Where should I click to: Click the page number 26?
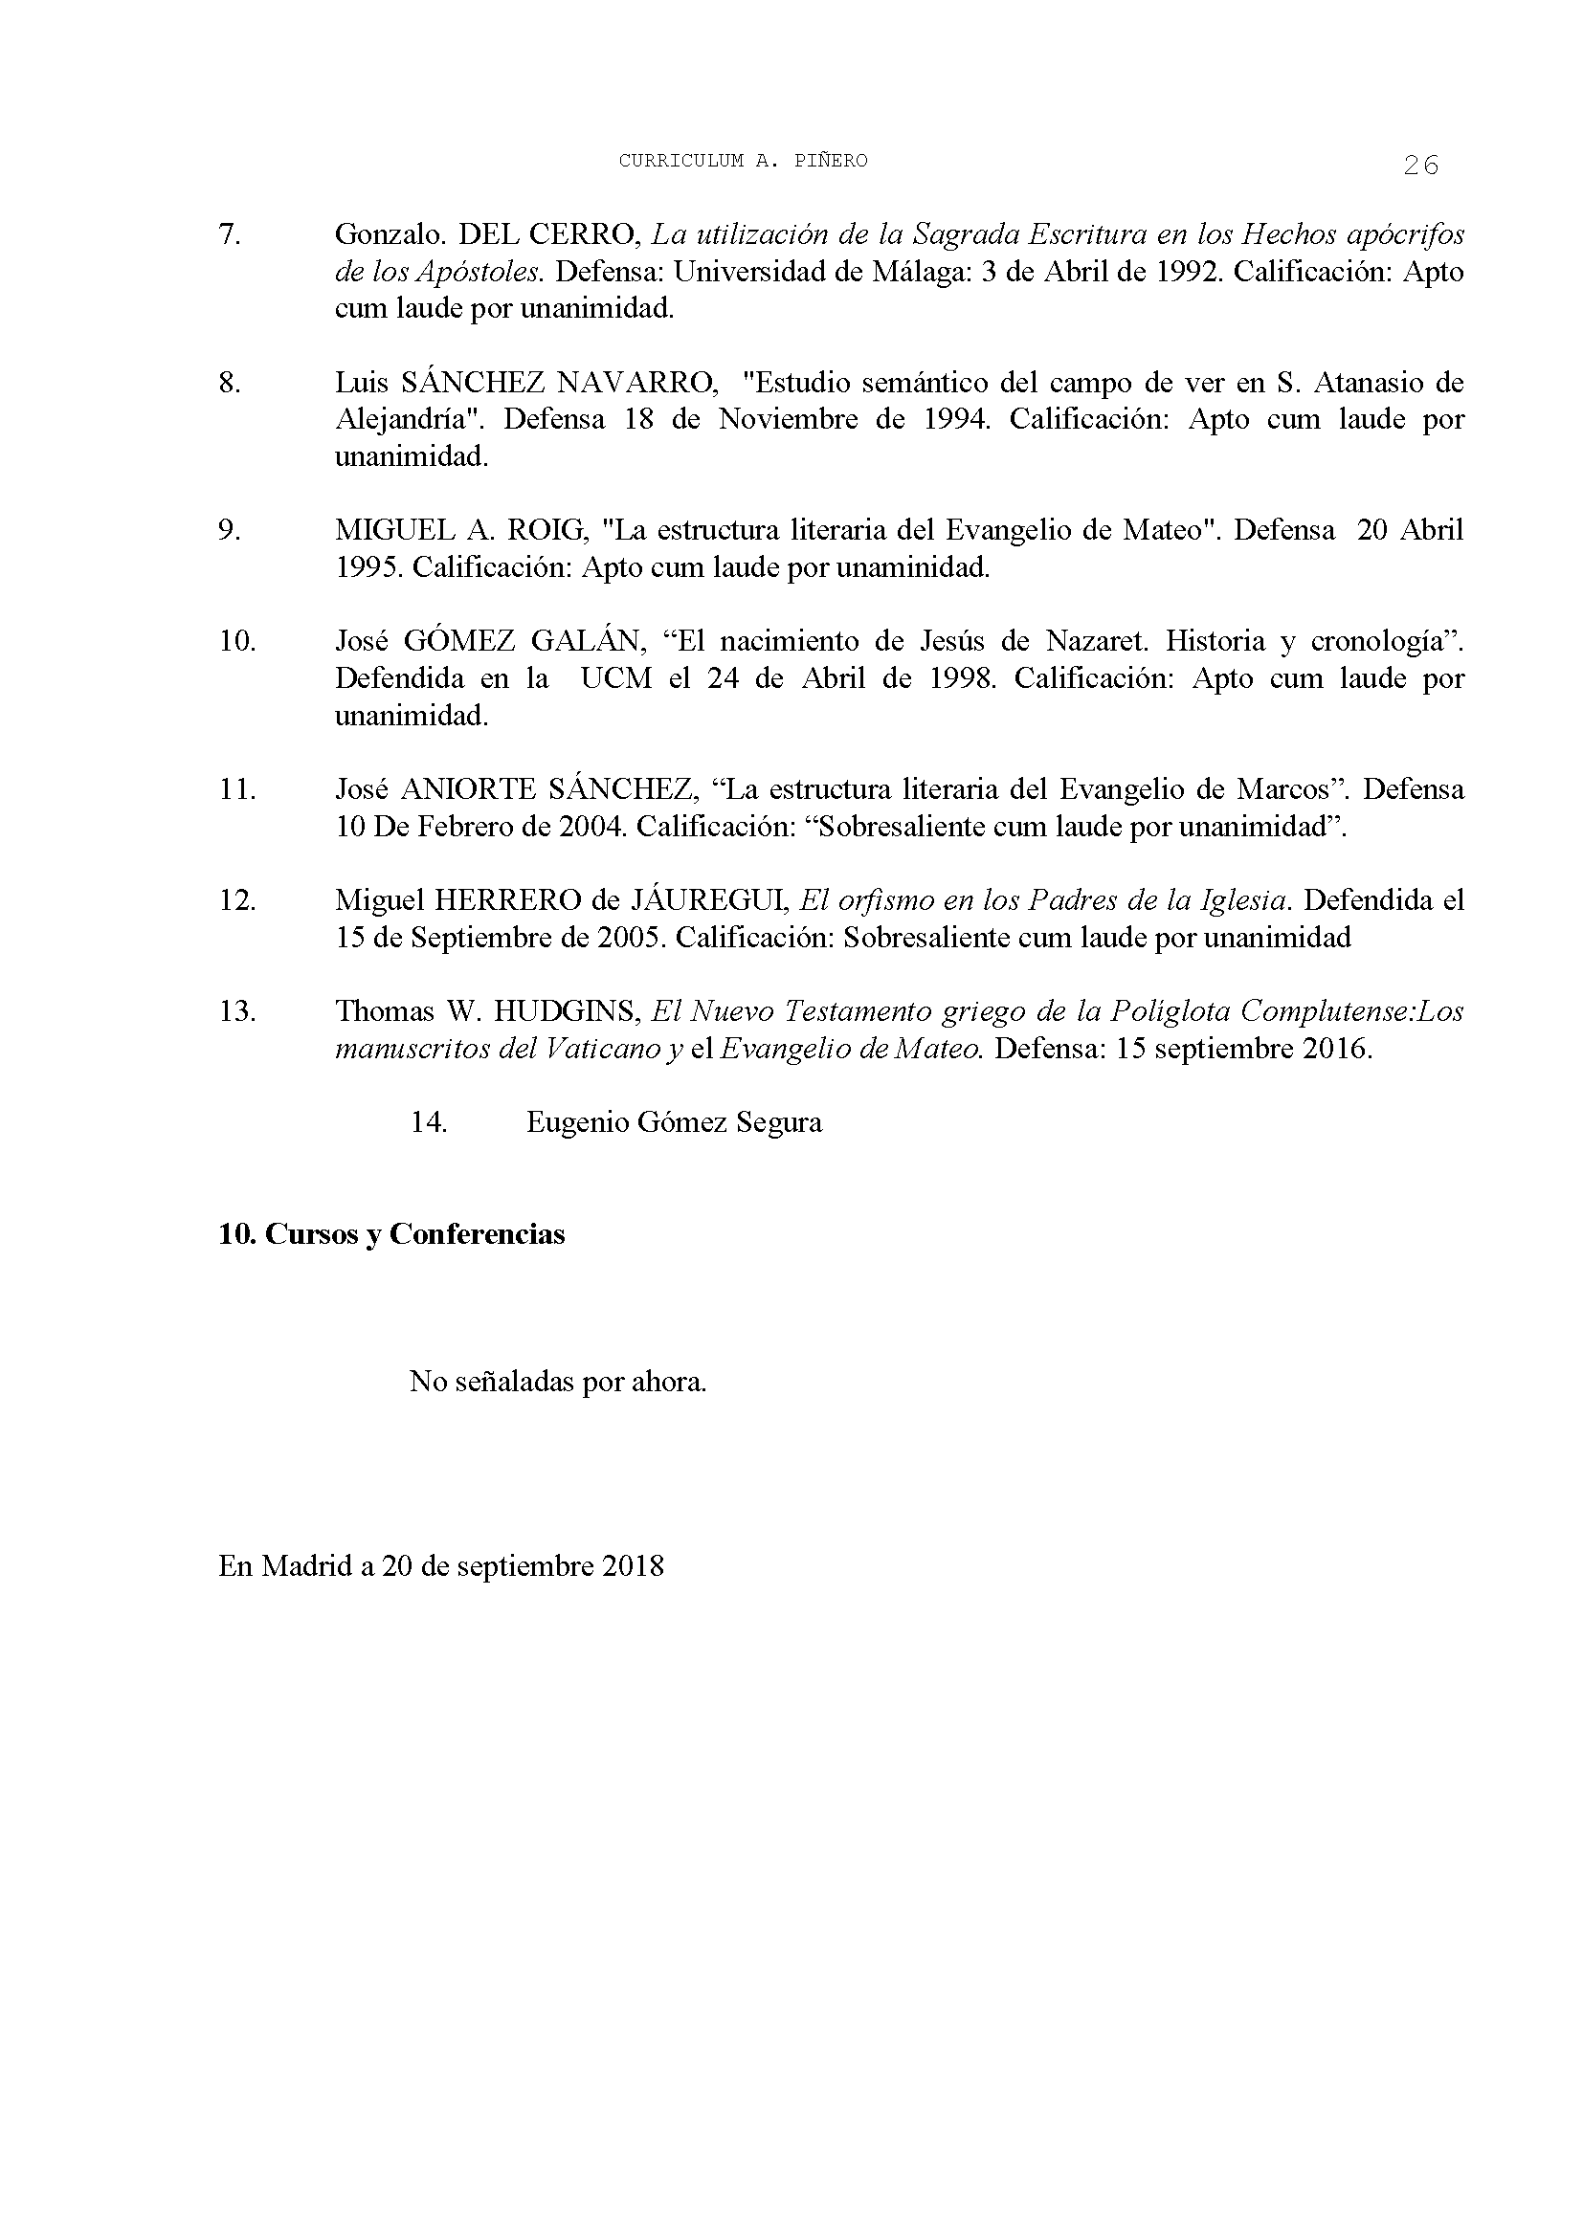(1420, 166)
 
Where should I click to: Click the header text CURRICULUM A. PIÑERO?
(743, 162)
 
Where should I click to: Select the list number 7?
(229, 235)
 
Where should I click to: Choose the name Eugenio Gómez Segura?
(674, 1122)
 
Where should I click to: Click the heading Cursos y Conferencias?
(414, 1234)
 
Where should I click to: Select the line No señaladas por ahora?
(558, 1382)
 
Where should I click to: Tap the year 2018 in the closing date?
(633, 1566)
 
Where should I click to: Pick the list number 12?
(236, 900)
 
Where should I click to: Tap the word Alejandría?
(411, 420)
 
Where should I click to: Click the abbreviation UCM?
(616, 678)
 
